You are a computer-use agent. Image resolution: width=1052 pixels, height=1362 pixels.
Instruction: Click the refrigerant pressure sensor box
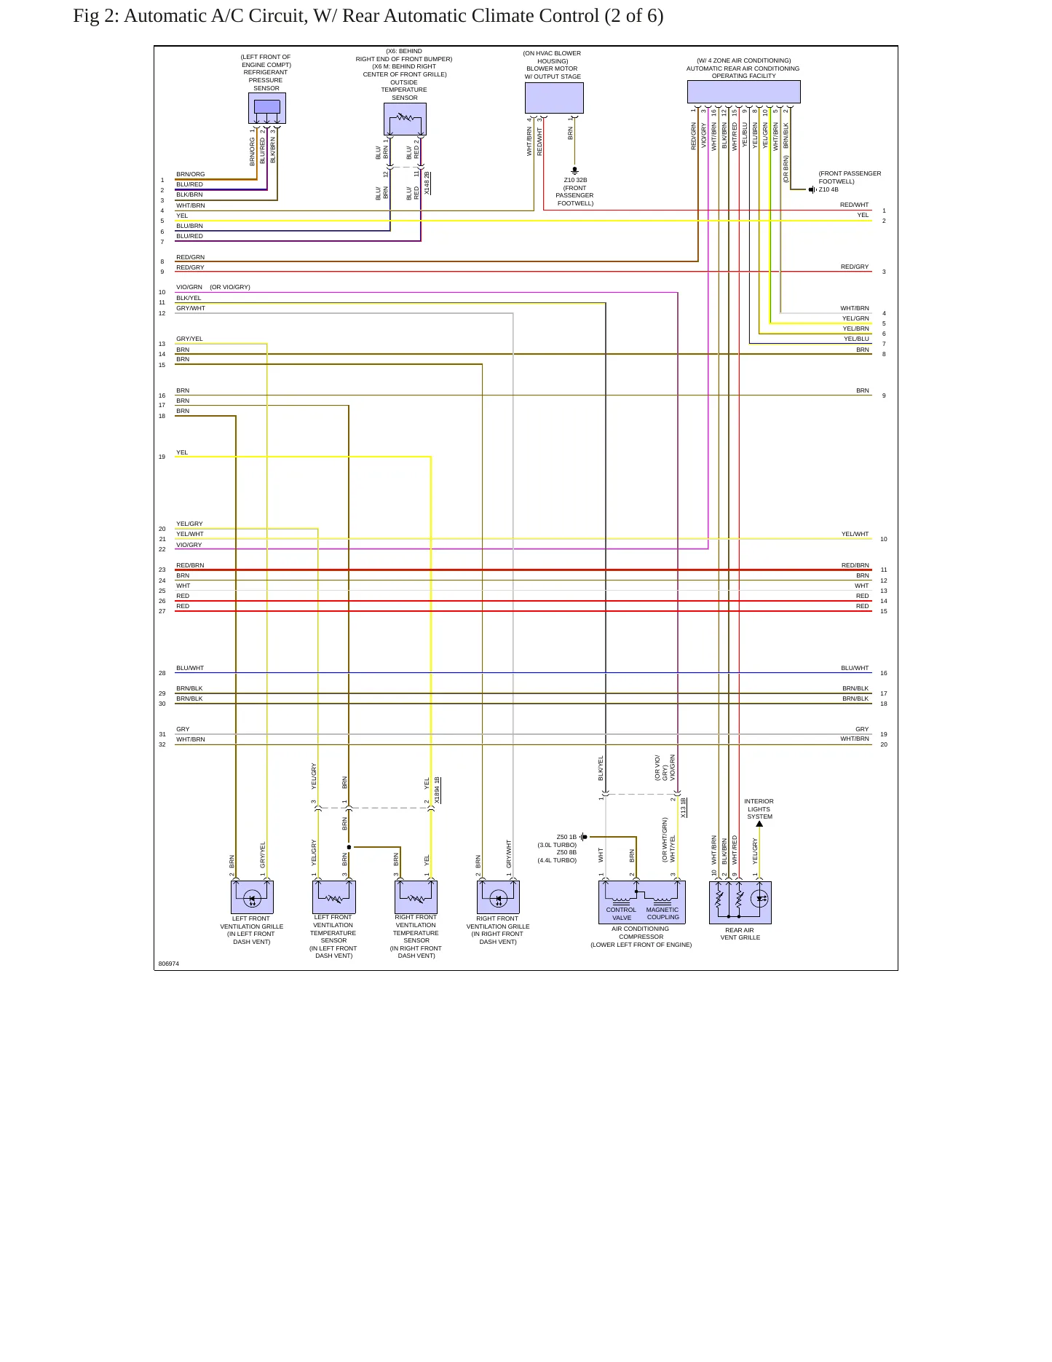point(267,108)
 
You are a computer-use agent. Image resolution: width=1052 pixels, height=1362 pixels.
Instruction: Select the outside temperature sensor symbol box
point(405,119)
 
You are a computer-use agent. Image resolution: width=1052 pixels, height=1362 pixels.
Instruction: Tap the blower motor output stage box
point(554,98)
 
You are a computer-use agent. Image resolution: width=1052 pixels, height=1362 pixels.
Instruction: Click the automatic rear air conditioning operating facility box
point(743,92)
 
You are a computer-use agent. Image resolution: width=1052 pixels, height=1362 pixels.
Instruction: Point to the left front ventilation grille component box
point(252,897)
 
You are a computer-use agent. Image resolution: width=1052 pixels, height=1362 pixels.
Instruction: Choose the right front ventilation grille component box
point(498,897)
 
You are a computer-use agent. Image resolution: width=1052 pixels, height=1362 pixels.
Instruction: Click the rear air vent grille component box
point(740,902)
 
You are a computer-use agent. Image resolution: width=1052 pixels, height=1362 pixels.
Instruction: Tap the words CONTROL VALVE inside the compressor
point(621,913)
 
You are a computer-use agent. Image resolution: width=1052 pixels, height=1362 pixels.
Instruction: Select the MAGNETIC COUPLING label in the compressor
point(663,913)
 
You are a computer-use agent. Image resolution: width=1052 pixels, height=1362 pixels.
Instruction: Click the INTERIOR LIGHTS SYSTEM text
point(759,808)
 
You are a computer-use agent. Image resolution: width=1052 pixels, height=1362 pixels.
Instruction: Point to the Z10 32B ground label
point(575,180)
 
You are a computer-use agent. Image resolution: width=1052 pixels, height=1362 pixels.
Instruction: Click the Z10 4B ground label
point(828,189)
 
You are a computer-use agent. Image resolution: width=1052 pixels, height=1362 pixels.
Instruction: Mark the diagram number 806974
point(169,964)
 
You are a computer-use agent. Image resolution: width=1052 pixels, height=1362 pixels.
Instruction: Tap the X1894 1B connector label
point(437,790)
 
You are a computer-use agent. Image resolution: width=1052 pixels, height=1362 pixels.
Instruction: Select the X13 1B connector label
point(683,808)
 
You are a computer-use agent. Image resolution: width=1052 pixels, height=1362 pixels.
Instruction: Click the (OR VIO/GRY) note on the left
point(230,287)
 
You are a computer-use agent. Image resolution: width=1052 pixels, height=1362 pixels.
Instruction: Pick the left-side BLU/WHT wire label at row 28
point(190,668)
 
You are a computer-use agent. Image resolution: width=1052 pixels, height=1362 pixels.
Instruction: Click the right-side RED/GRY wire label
point(855,267)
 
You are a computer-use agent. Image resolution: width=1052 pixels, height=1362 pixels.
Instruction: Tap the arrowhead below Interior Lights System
point(759,824)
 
